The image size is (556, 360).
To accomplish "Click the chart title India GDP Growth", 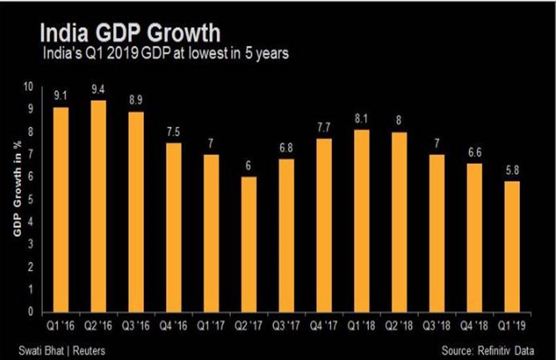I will pyautogui.click(x=130, y=33).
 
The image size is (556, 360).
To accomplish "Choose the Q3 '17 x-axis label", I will pyautogui.click(x=287, y=325).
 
